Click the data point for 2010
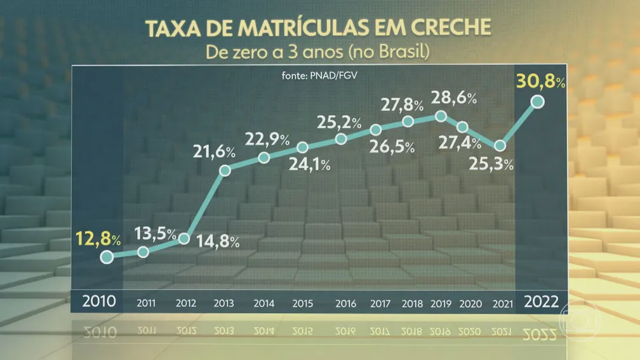[x=107, y=257]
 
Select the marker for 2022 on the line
[x=538, y=102]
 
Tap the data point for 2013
[x=224, y=170]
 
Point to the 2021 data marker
[x=501, y=145]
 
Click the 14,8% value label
[x=217, y=241]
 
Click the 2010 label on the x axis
[x=100, y=300]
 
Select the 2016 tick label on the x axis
[x=345, y=302]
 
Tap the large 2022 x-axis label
[x=541, y=300]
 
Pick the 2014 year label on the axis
[x=264, y=302]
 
